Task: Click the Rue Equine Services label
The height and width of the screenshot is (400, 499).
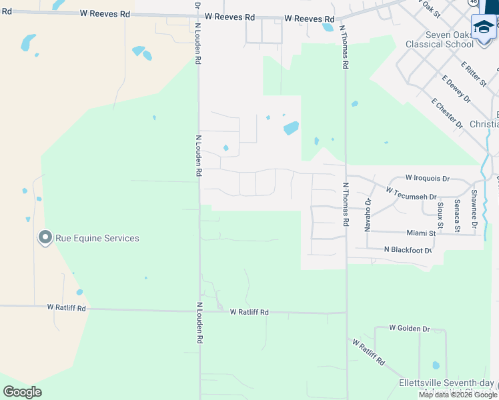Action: tap(97, 238)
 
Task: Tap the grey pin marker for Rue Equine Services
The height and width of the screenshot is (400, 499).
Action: tap(45, 238)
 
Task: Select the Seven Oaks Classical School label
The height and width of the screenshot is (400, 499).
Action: tap(444, 39)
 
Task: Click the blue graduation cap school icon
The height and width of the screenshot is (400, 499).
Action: tap(484, 27)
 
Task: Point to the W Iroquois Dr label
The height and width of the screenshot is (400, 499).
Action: tap(428, 179)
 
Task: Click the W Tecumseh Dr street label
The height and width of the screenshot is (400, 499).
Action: tap(411, 194)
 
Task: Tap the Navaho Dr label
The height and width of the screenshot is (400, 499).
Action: tap(368, 214)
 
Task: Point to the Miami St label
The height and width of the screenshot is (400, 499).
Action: tap(421, 233)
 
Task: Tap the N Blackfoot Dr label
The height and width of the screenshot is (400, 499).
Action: tap(408, 250)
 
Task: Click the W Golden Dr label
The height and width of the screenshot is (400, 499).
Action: tap(409, 329)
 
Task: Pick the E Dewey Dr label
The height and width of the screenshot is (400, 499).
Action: tap(456, 89)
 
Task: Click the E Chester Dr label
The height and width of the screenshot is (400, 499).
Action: tap(447, 113)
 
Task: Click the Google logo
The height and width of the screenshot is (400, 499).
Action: tap(22, 391)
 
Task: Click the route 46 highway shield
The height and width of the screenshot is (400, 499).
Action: tap(472, 3)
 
